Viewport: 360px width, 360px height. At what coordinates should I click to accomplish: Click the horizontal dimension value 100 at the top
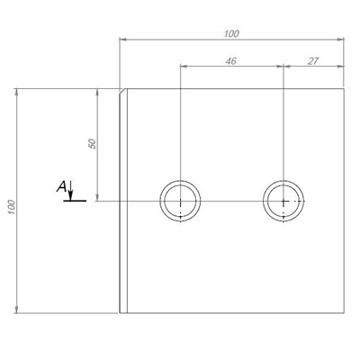coord(231,33)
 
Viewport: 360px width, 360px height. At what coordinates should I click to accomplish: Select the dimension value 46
coord(231,61)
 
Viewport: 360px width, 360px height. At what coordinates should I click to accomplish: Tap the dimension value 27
coord(313,61)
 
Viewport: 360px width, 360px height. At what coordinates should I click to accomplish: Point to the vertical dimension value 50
coord(93,144)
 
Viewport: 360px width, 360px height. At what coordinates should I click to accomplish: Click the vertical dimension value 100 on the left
coord(12,207)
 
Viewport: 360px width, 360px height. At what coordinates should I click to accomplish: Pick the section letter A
coord(61,187)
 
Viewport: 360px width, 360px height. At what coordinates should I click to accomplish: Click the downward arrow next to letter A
coord(70,191)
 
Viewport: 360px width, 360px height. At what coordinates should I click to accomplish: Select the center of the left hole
coord(180,201)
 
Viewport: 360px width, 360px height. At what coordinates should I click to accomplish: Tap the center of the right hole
coord(283,201)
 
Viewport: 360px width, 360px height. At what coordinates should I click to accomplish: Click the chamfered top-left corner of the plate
coord(122,91)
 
